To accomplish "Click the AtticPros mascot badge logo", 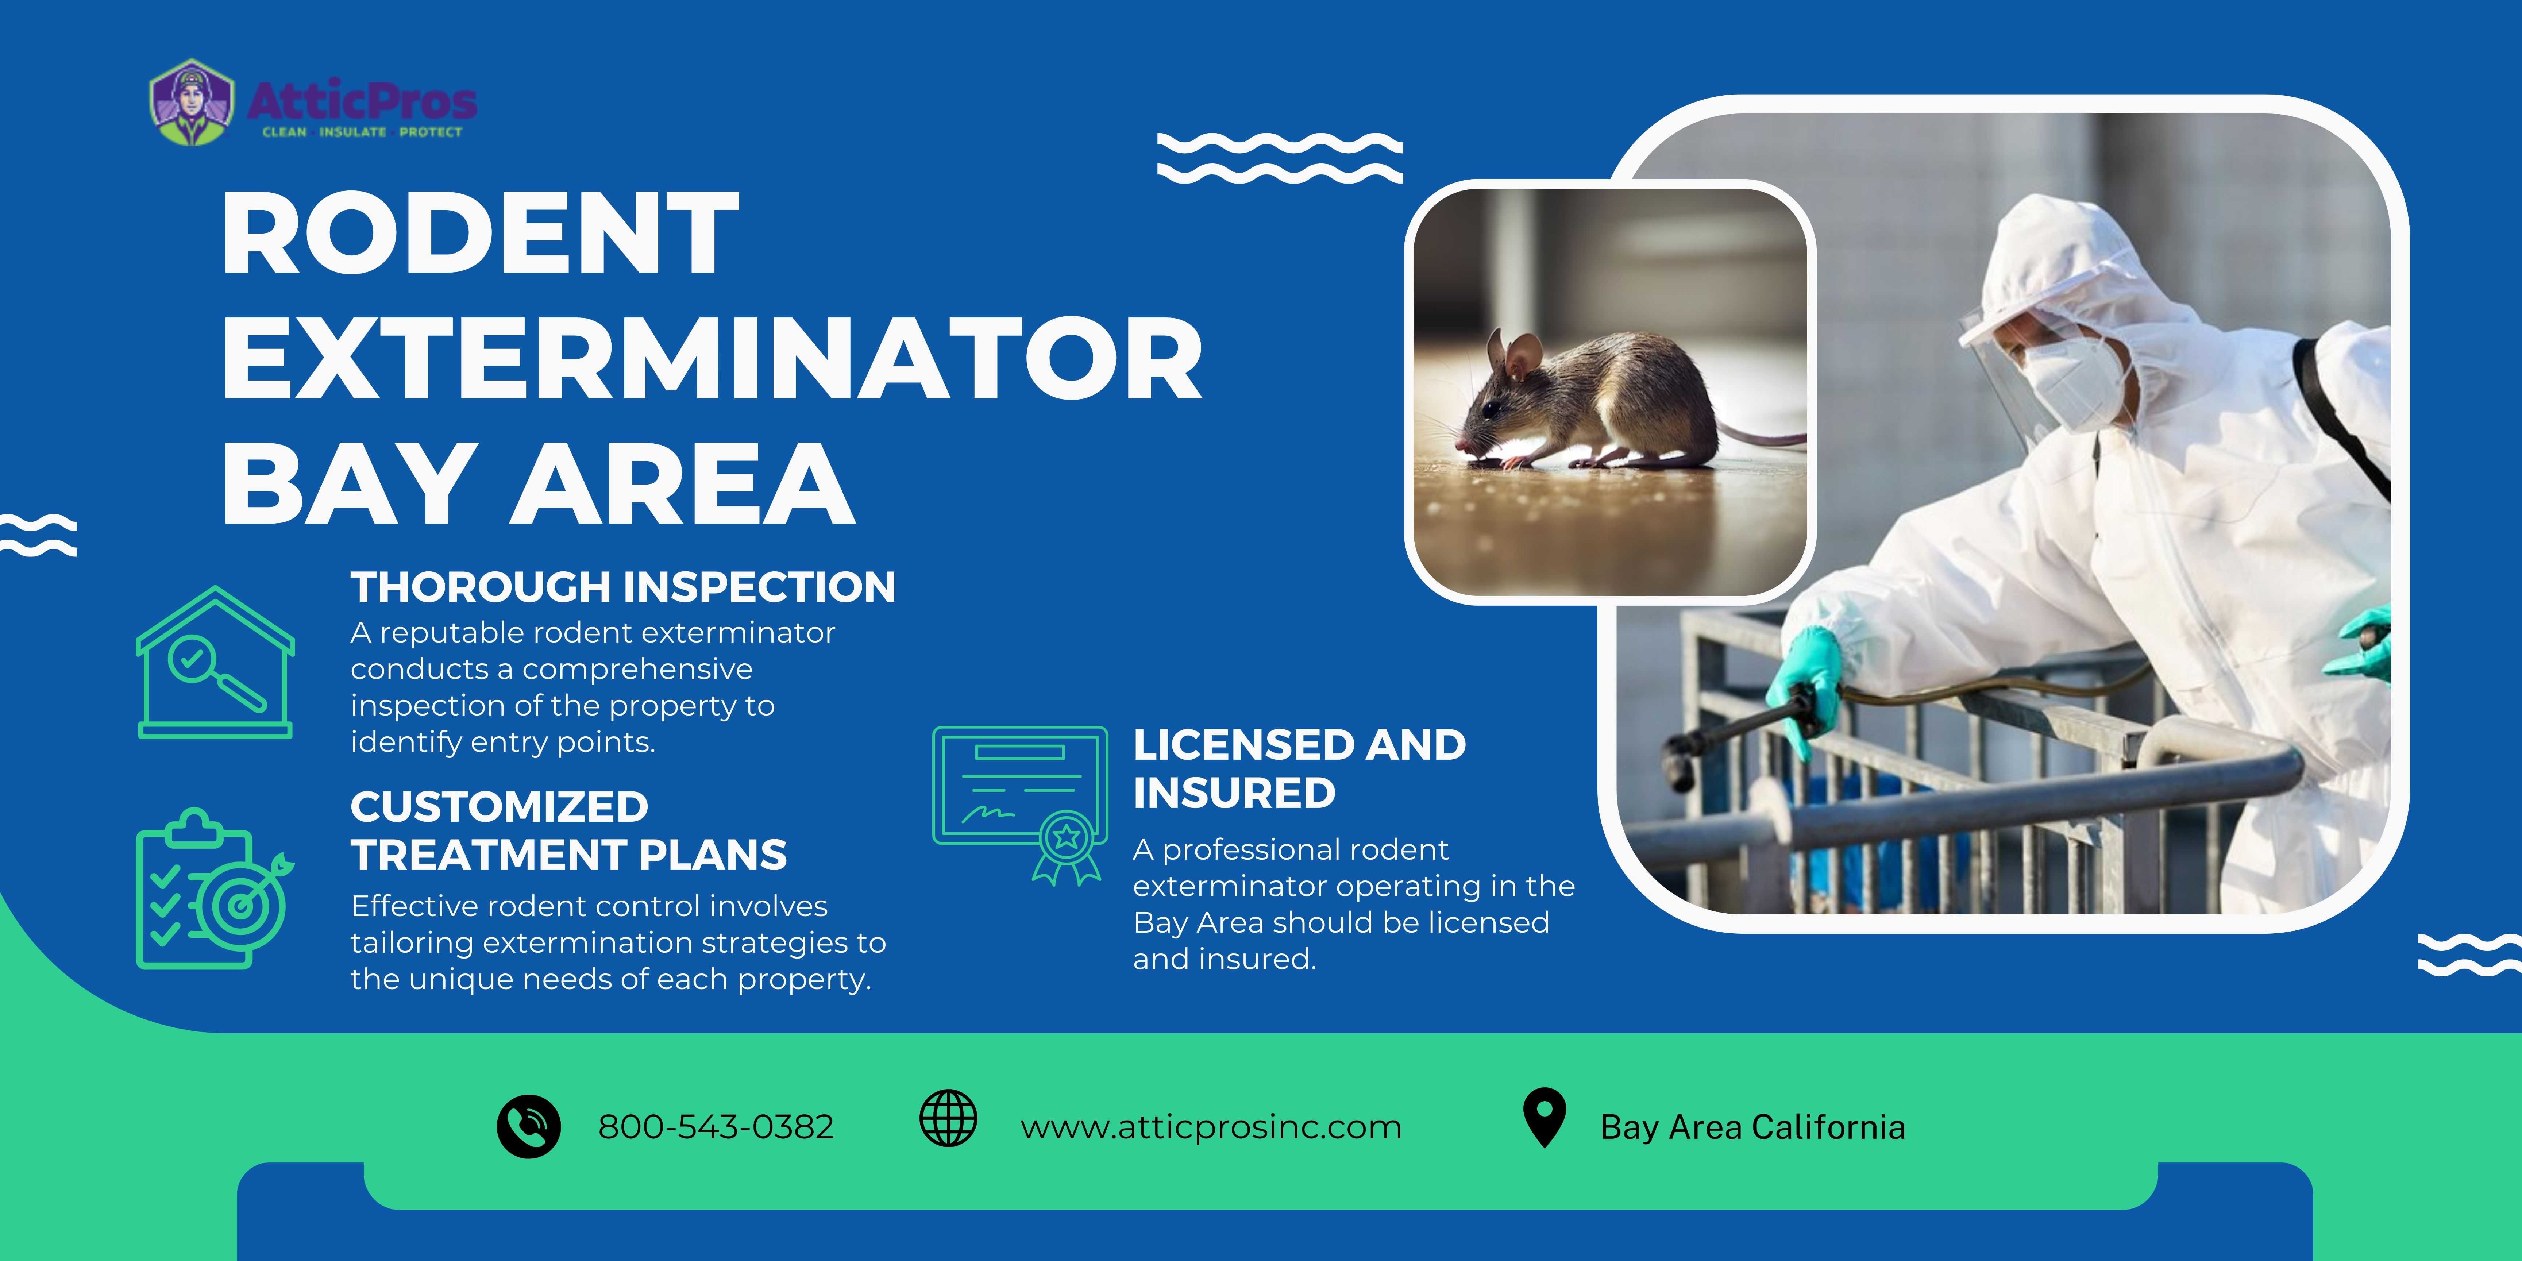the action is (192, 103).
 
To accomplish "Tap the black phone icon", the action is (529, 1127).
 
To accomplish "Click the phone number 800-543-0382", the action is (716, 1127).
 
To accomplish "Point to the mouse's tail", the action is (1762, 436).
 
